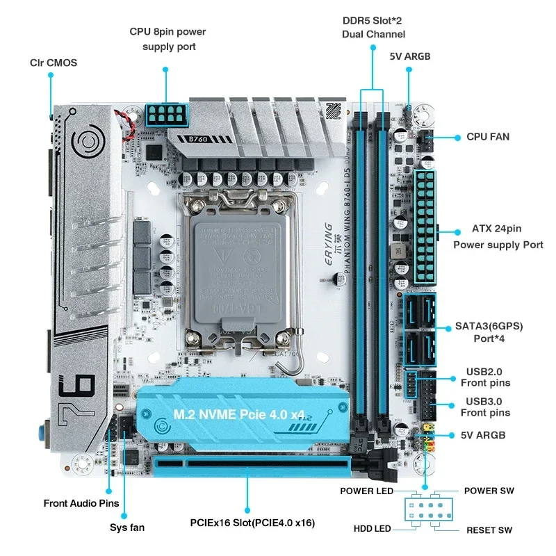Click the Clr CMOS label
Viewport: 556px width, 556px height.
click(x=54, y=63)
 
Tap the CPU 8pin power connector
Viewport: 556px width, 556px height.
click(x=166, y=114)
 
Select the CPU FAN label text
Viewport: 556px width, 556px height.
click(x=487, y=137)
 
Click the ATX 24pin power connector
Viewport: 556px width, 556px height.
click(x=425, y=226)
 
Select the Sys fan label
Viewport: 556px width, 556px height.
click(x=127, y=528)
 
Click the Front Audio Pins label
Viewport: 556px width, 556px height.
click(x=81, y=503)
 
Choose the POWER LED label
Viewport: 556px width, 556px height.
click(x=366, y=491)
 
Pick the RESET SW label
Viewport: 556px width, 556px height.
click(x=489, y=530)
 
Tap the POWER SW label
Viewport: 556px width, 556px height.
click(x=489, y=491)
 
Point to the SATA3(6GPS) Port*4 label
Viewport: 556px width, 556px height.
click(x=489, y=332)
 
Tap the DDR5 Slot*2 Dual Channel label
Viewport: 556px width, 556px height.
click(x=373, y=27)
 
